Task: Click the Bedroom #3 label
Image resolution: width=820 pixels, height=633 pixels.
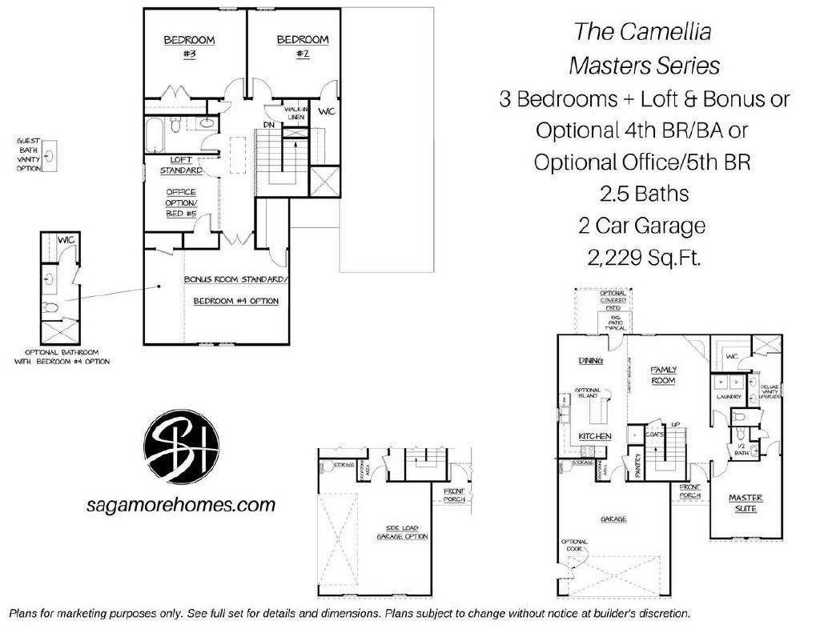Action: (x=189, y=46)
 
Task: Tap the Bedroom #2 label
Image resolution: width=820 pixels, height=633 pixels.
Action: (x=302, y=46)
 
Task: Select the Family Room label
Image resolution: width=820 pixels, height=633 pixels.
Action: (x=663, y=375)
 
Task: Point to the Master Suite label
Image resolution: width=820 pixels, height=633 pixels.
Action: (x=746, y=503)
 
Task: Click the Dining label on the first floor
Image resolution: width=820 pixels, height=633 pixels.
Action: (x=590, y=361)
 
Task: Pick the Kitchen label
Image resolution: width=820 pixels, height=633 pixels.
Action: (x=595, y=436)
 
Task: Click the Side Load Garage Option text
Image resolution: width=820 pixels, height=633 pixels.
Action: (x=403, y=532)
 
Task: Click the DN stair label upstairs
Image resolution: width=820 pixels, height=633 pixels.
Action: (x=270, y=124)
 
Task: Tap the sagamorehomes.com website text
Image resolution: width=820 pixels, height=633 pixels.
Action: (x=180, y=505)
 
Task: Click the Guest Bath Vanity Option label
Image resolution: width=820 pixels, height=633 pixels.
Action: (x=27, y=154)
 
